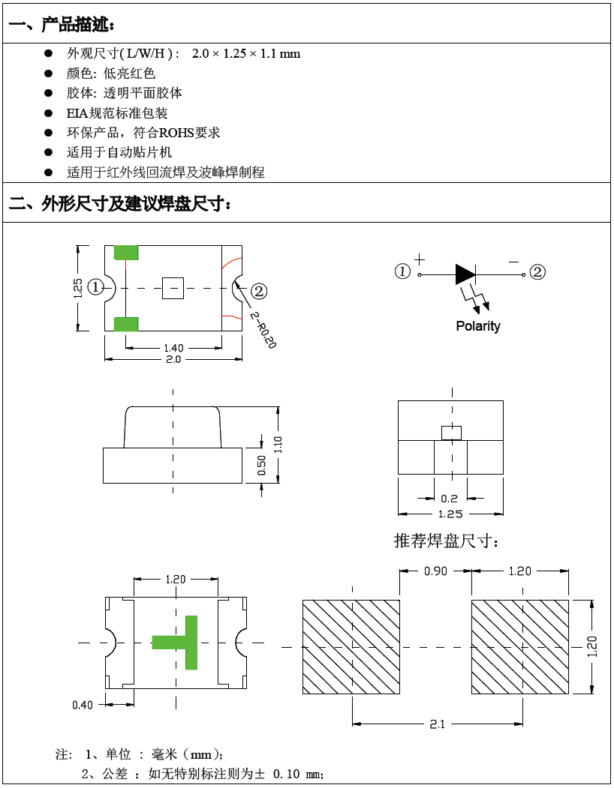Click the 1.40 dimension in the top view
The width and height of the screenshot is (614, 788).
pyautogui.click(x=173, y=348)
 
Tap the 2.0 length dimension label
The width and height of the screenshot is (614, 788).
pyautogui.click(x=173, y=360)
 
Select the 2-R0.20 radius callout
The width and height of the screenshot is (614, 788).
pyautogui.click(x=263, y=330)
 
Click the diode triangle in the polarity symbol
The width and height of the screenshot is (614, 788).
pyautogui.click(x=465, y=274)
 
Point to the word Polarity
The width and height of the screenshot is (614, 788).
pyautogui.click(x=477, y=326)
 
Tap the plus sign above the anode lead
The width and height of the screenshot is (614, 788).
pyautogui.click(x=419, y=259)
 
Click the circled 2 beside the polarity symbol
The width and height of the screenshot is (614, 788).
pyautogui.click(x=537, y=272)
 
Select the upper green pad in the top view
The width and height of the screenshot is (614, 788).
pyautogui.click(x=126, y=253)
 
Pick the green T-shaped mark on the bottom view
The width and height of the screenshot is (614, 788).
pyautogui.click(x=181, y=642)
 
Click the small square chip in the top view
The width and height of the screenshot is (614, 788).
pyautogui.click(x=173, y=288)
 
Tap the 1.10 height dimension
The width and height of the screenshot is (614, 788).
pyautogui.click(x=278, y=445)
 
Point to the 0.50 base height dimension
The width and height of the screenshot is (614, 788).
pyautogui.click(x=262, y=466)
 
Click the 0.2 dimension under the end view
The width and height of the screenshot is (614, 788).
pyautogui.click(x=450, y=499)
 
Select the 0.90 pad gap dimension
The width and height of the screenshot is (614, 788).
pyautogui.click(x=435, y=571)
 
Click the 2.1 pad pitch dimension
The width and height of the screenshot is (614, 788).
pyautogui.click(x=437, y=724)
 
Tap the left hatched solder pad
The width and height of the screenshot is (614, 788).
pyautogui.click(x=351, y=646)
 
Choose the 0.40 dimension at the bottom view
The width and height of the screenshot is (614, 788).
pyautogui.click(x=83, y=705)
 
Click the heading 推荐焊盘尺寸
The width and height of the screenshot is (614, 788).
pyautogui.click(x=447, y=541)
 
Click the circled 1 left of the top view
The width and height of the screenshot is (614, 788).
pyautogui.click(x=95, y=287)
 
